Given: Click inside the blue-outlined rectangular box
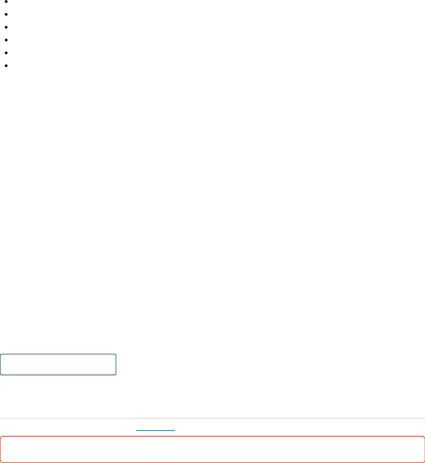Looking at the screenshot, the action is (58, 364).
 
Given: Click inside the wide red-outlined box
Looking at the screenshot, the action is (212, 449).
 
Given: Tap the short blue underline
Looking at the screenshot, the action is (156, 431).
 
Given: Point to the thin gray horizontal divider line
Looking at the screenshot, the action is (250, 418).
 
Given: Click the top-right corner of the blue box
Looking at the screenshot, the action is (116, 355).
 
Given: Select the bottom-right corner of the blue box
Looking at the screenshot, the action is (116, 375).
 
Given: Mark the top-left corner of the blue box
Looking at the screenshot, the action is (1, 355).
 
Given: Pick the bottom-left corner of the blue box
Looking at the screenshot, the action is (1, 375).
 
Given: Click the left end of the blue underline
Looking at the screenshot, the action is (137, 431).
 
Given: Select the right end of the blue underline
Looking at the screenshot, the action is (175, 431).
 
